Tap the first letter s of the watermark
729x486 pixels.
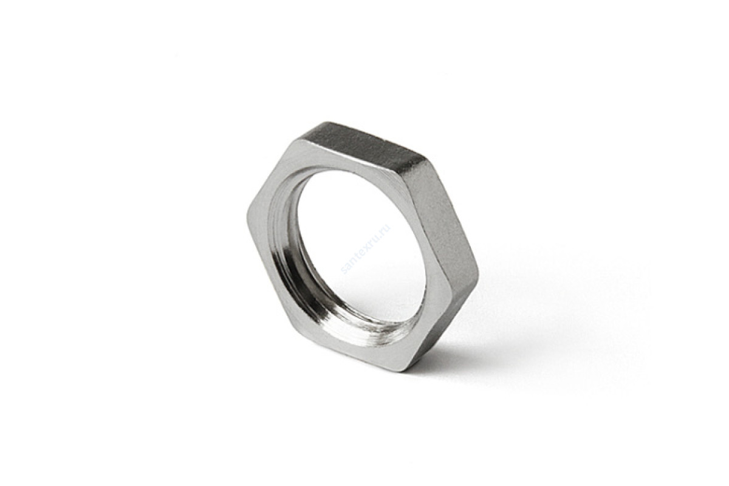[344, 270]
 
